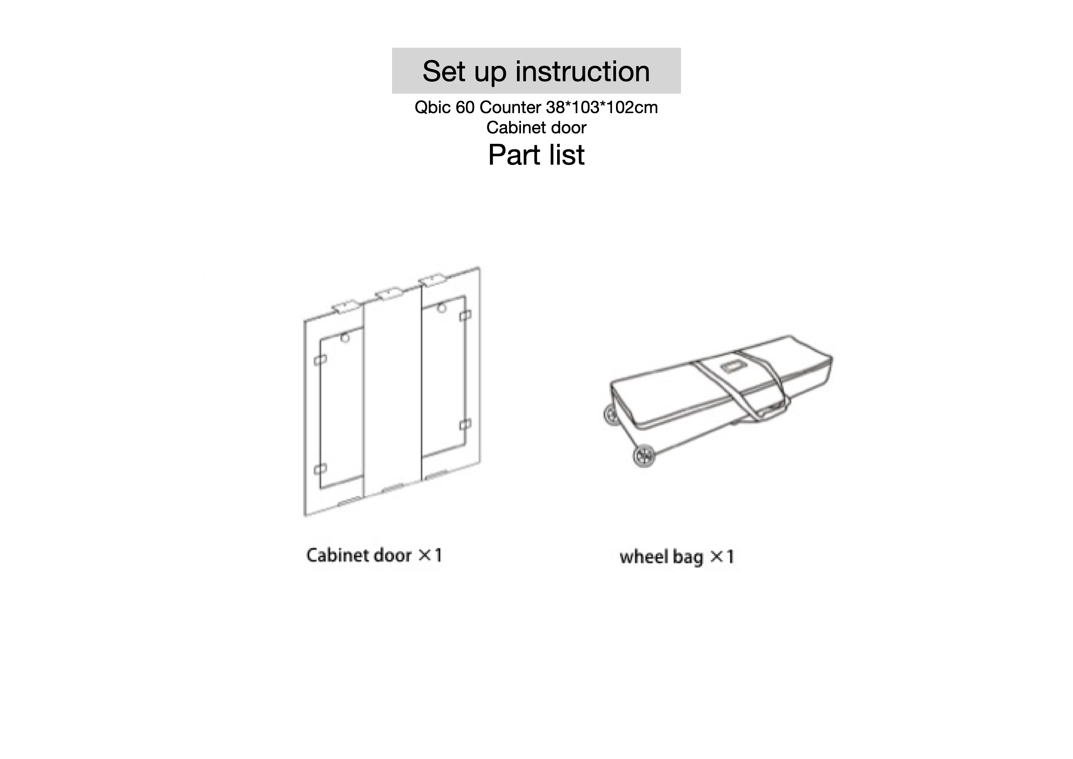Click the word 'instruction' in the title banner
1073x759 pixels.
point(582,71)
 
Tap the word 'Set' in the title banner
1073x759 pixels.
point(444,71)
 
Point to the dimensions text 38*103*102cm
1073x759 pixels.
point(602,108)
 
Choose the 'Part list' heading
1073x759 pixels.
point(536,155)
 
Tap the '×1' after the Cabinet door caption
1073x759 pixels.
point(430,556)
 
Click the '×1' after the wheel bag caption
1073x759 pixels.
point(722,557)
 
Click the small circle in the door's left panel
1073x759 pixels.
point(345,338)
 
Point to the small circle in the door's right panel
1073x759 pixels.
point(441,308)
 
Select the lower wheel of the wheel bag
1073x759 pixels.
point(645,455)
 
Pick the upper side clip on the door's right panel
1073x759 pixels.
point(465,316)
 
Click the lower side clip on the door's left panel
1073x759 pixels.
point(320,469)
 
